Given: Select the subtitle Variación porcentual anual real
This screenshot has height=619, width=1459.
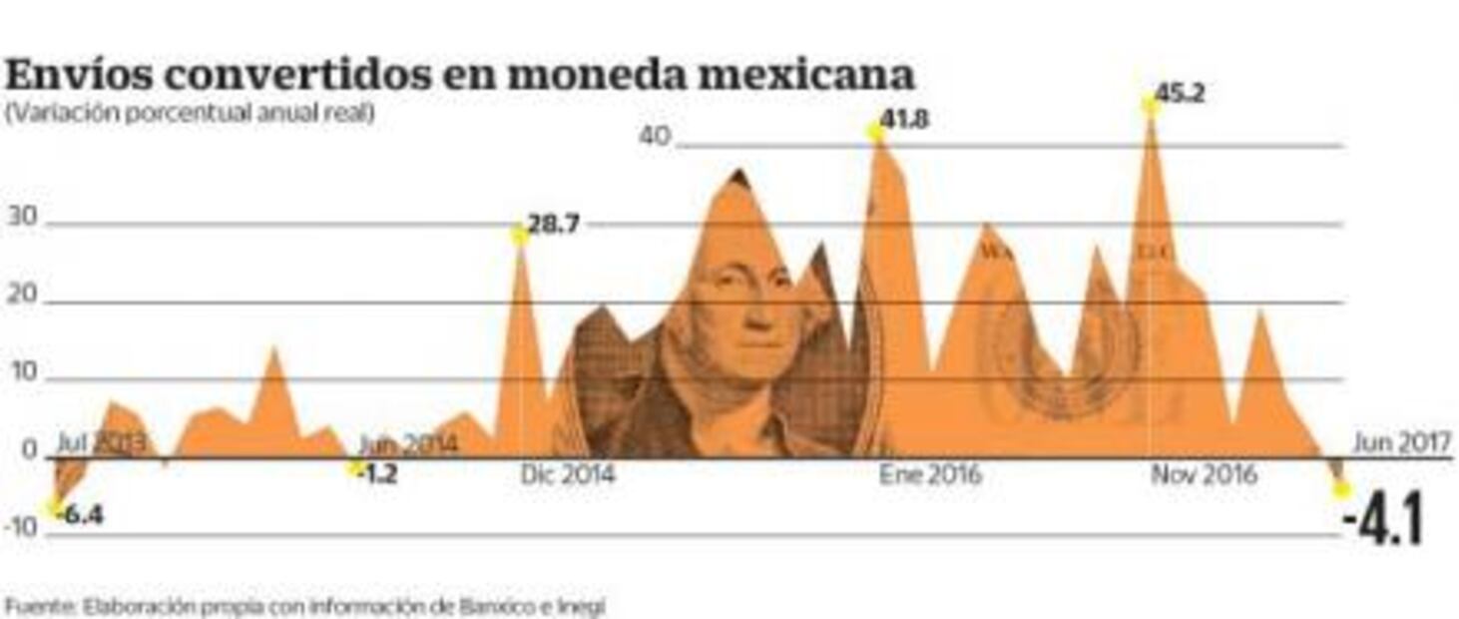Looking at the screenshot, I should [x=190, y=114].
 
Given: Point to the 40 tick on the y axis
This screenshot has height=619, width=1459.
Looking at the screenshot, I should [x=655, y=136].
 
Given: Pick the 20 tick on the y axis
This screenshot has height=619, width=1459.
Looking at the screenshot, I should [x=22, y=296].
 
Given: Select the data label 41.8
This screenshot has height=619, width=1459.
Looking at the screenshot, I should [x=904, y=121].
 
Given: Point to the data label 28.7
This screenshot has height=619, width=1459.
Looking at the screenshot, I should [x=553, y=225].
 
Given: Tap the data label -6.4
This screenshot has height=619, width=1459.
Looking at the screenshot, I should [x=82, y=515].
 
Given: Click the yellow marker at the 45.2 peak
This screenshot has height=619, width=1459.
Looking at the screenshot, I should [x=1150, y=105].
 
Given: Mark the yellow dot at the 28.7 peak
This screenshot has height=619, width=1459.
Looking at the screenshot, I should [x=519, y=235].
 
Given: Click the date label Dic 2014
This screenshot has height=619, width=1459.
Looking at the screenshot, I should [x=567, y=474].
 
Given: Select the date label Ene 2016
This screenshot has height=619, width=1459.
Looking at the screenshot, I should [x=929, y=474].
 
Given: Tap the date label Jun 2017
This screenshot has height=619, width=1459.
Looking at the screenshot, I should [x=1401, y=442].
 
